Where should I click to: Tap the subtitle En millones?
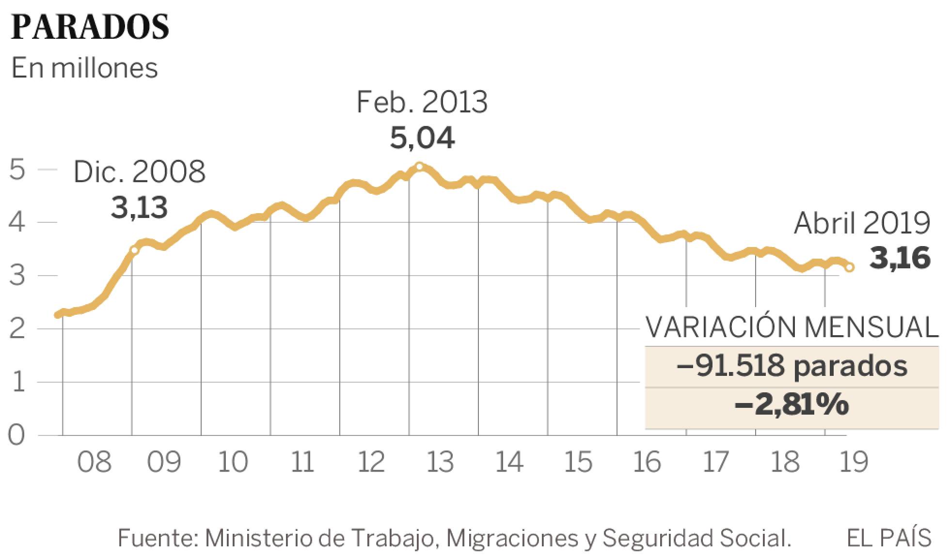[84, 68]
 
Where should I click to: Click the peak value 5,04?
[422, 138]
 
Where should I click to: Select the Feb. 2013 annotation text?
[422, 102]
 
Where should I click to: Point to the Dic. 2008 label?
[139, 172]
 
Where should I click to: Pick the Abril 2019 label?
[862, 224]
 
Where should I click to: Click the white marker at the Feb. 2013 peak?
[419, 167]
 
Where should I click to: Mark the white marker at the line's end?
[850, 267]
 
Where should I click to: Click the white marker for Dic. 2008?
[134, 250]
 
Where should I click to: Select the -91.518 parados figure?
[792, 367]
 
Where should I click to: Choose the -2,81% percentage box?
[792, 404]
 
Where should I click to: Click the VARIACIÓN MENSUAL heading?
[792, 328]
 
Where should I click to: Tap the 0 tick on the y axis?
[16, 435]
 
